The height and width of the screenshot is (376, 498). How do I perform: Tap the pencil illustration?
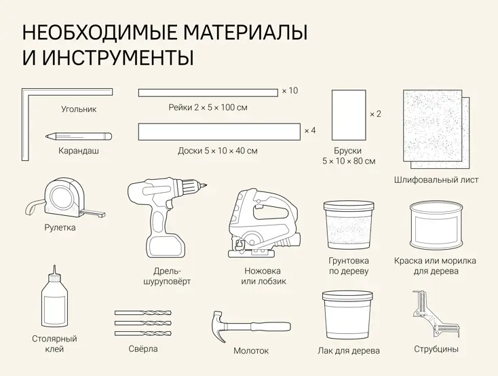[x=78, y=136]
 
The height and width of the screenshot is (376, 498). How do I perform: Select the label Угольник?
[x=79, y=109]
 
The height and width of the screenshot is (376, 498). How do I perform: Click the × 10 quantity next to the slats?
[x=290, y=90]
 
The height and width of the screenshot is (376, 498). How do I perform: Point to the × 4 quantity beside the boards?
[x=310, y=130]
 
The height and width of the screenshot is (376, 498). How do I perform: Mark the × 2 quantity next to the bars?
[x=375, y=114]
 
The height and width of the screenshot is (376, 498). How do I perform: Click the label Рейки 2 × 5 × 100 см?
[x=208, y=108]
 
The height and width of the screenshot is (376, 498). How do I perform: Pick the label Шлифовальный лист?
[x=436, y=180]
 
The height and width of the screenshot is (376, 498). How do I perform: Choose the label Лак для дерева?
[x=349, y=351]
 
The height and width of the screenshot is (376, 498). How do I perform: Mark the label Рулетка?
[x=60, y=228]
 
